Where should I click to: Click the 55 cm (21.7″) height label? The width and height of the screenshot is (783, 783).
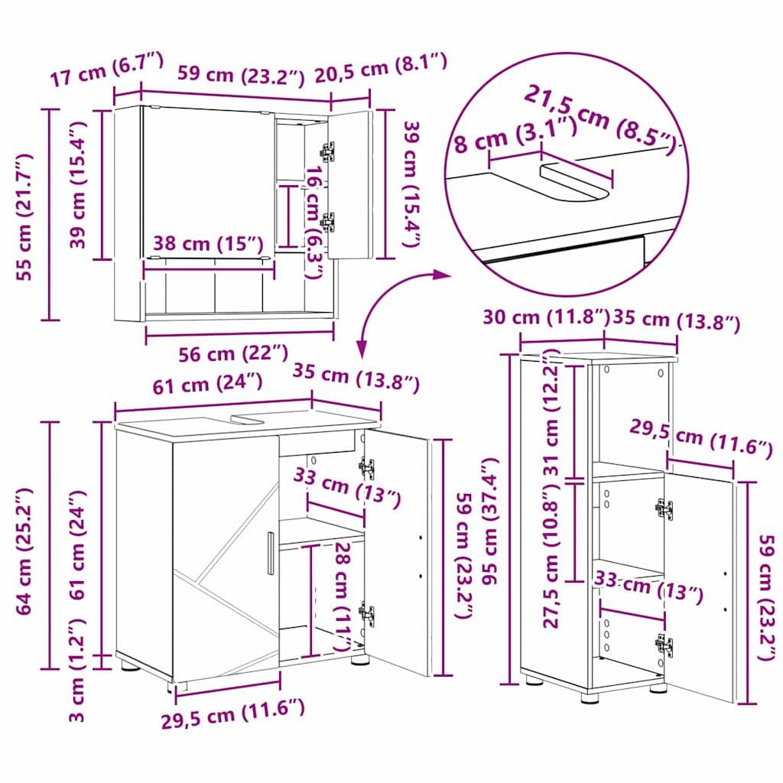(x=24, y=216)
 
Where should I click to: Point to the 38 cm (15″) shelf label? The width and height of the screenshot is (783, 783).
(x=208, y=244)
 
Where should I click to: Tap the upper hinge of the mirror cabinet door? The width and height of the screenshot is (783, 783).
(x=328, y=151)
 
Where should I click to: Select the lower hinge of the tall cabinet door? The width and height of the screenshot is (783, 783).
(x=664, y=645)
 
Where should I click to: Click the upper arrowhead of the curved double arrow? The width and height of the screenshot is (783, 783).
(x=442, y=272)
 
